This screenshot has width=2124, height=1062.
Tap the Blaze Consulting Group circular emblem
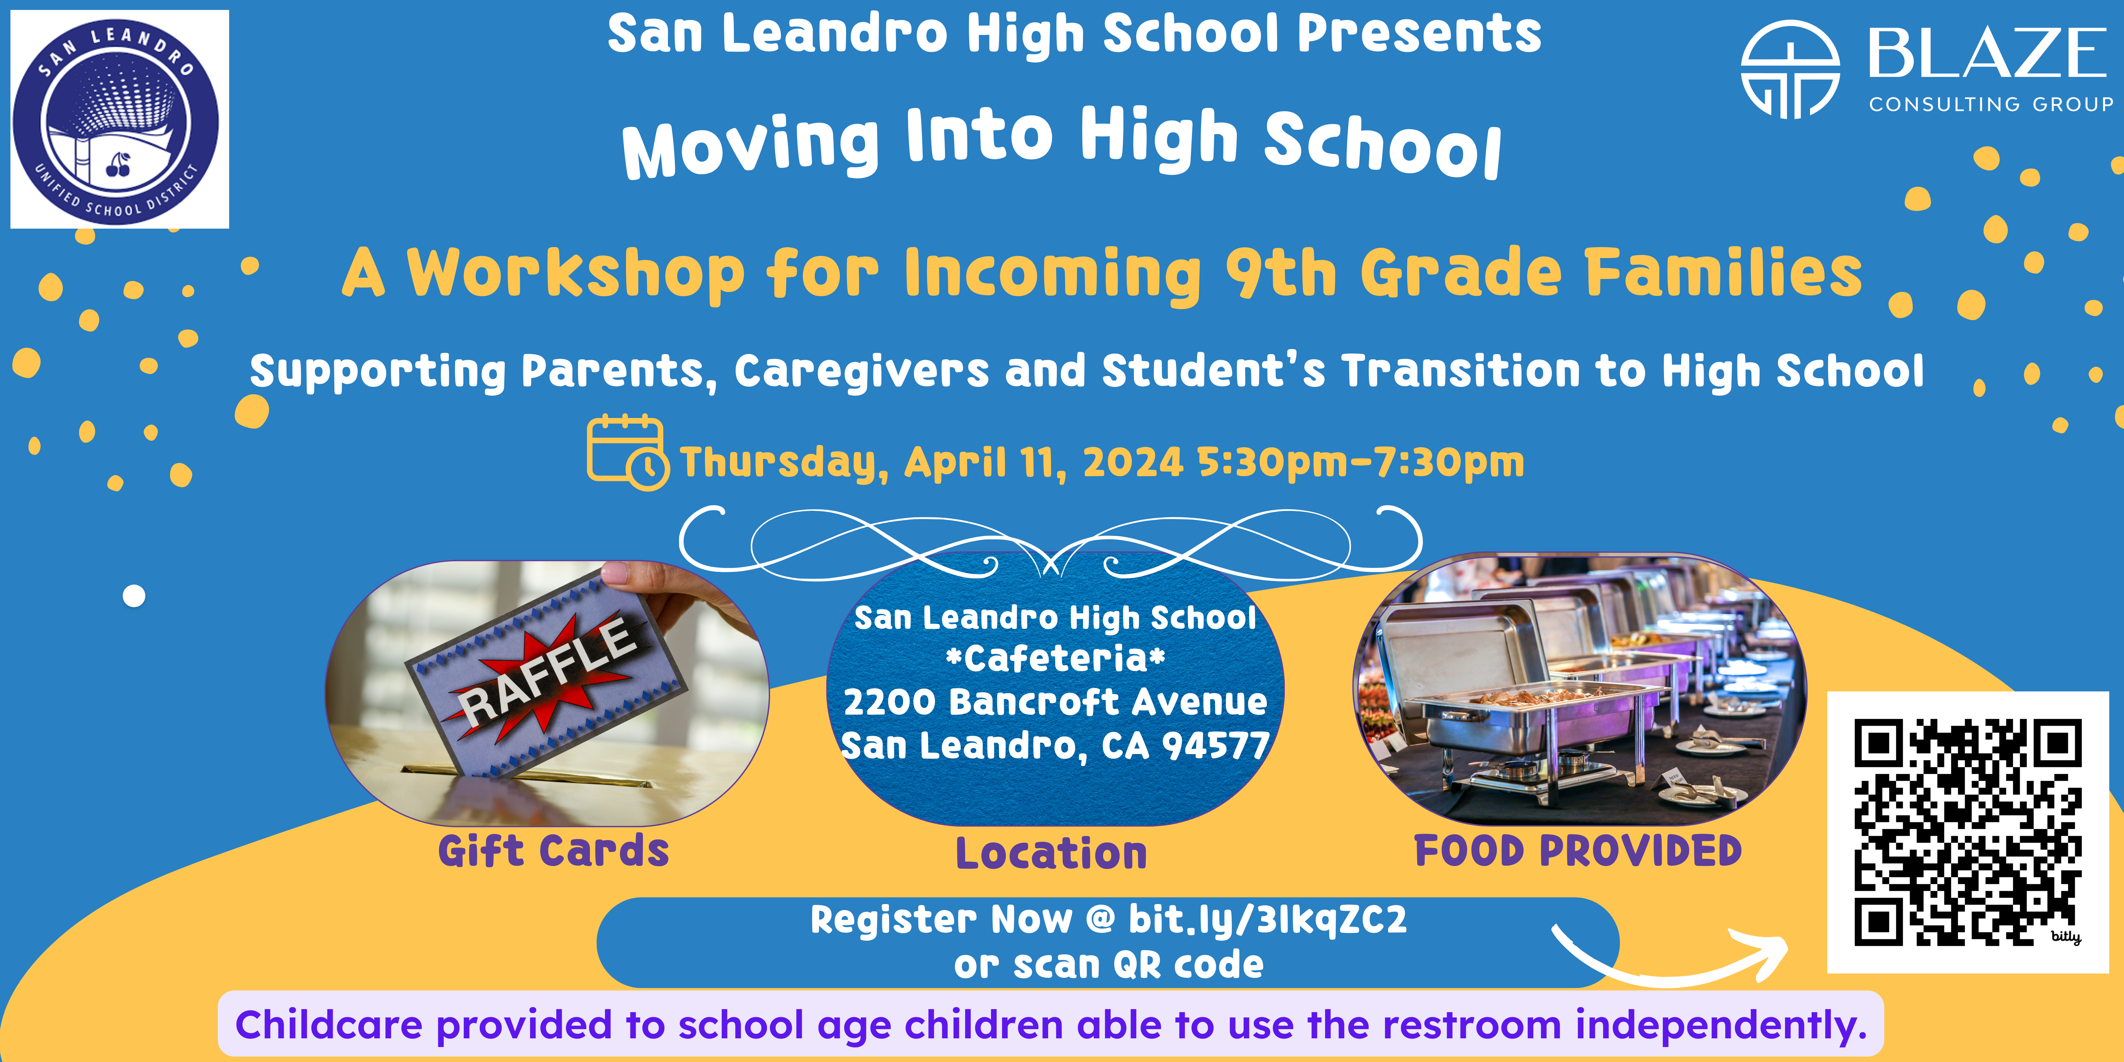1790,69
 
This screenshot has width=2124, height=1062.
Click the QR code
1967,832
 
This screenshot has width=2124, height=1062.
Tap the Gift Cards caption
553,851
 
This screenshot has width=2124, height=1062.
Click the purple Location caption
1051,853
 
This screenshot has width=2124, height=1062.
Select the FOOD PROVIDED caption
1578,851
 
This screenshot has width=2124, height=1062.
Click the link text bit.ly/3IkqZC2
1267,919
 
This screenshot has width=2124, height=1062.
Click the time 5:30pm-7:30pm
1360,462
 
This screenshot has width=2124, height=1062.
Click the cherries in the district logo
118,165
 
